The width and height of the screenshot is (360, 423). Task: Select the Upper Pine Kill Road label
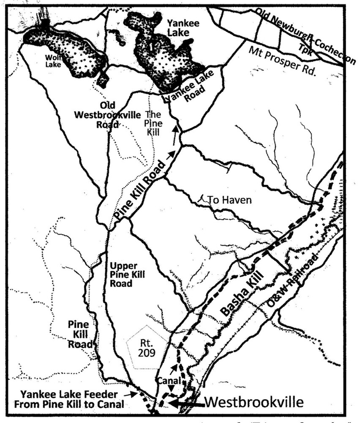pyautogui.click(x=127, y=275)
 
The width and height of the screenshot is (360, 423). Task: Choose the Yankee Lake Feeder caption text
pyautogui.click(x=68, y=399)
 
